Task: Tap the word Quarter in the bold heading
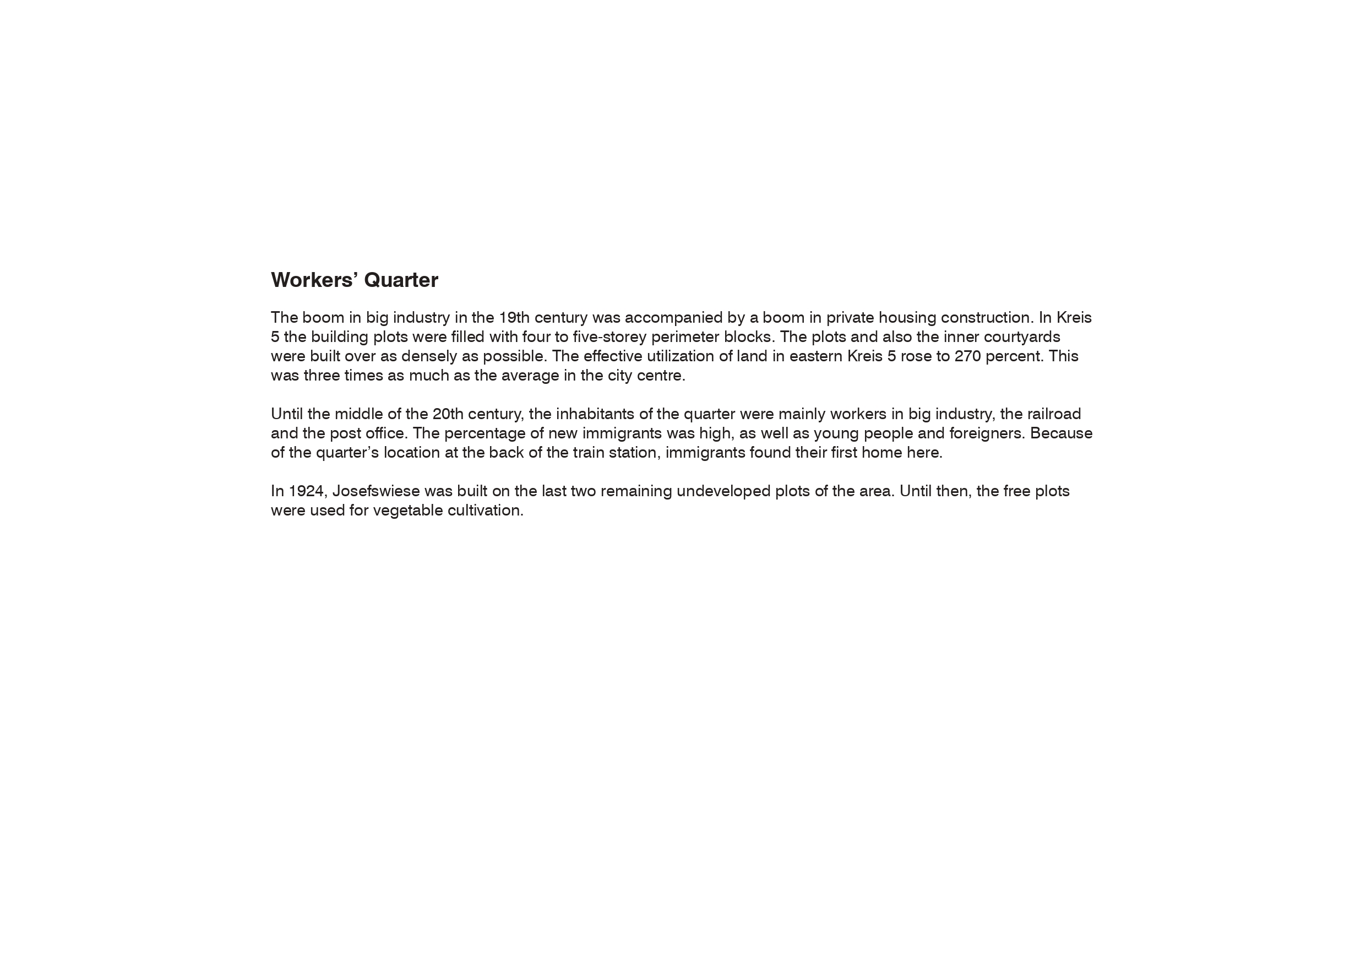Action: pos(400,280)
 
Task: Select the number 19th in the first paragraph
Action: pos(514,318)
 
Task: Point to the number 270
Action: pos(967,356)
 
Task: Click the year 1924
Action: pos(305,492)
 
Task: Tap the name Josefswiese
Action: pos(376,492)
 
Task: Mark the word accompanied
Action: pos(673,318)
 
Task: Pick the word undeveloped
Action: pos(723,492)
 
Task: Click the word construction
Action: pos(987,318)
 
